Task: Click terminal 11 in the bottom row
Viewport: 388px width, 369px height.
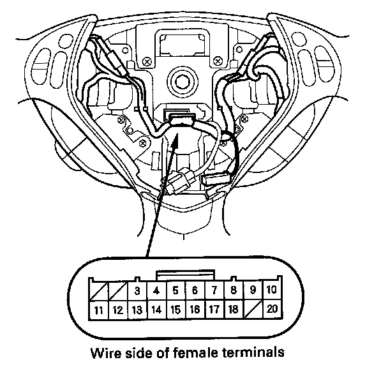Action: (97, 311)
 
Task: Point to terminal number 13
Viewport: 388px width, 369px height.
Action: (137, 311)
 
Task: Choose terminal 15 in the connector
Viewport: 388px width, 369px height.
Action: (175, 311)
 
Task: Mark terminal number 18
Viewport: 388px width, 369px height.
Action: (234, 311)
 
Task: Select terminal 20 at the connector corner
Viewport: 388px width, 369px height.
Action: (273, 311)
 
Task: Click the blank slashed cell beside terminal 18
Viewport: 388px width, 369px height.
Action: (254, 311)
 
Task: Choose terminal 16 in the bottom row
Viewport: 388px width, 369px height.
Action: (195, 311)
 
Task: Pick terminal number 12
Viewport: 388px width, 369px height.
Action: (117, 311)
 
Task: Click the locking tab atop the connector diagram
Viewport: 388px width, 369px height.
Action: (185, 274)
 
